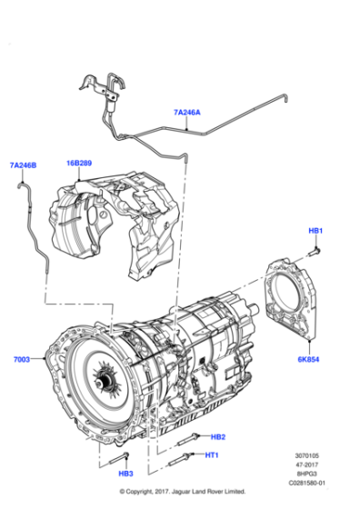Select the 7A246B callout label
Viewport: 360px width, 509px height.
(x=23, y=165)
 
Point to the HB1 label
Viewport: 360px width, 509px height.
(x=315, y=231)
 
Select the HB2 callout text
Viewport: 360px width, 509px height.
(x=217, y=436)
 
